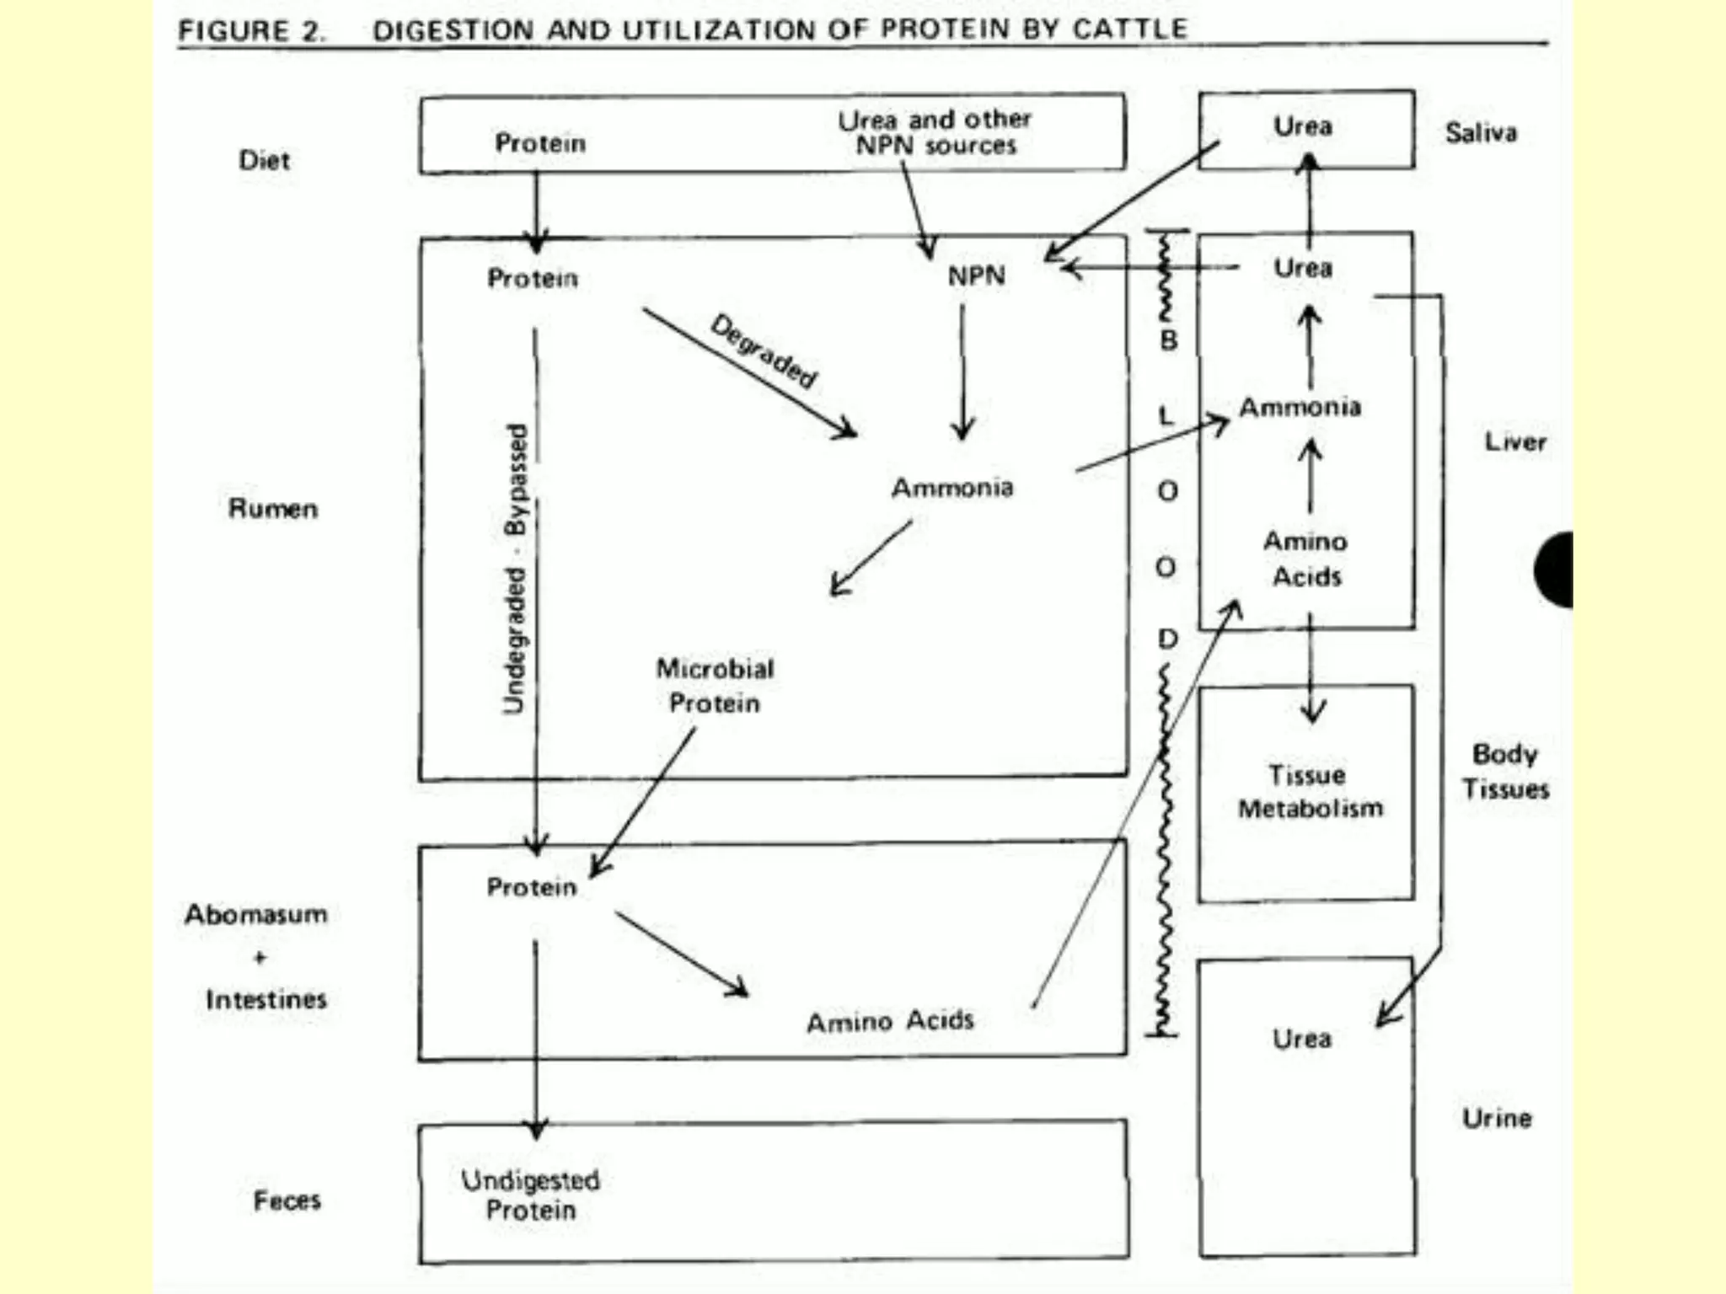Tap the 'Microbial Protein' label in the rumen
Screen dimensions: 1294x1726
[x=715, y=686]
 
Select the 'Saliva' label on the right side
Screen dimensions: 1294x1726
[x=1481, y=133]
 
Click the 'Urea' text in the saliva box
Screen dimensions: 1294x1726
[x=1303, y=127]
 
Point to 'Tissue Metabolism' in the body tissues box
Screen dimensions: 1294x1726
[x=1309, y=792]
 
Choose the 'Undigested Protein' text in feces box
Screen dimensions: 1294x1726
[x=531, y=1195]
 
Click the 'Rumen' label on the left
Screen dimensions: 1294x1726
[x=273, y=509]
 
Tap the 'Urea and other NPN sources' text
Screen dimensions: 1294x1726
[x=935, y=133]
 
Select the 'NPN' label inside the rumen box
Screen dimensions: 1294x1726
[x=976, y=276]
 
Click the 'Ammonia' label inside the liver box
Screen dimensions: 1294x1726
[x=1300, y=408]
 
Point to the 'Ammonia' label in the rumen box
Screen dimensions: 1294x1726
[x=952, y=488]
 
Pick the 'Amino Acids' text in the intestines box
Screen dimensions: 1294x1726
[x=890, y=1021]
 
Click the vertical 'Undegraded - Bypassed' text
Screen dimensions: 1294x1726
[x=516, y=569]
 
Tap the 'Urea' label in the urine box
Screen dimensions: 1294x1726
[x=1302, y=1039]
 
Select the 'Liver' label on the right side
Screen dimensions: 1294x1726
[x=1514, y=442]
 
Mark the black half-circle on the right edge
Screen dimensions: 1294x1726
[x=1556, y=569]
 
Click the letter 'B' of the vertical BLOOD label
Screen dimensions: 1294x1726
[x=1169, y=340]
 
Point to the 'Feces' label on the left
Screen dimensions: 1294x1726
[x=287, y=1200]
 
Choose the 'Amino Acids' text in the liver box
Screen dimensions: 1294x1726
[x=1305, y=559]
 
